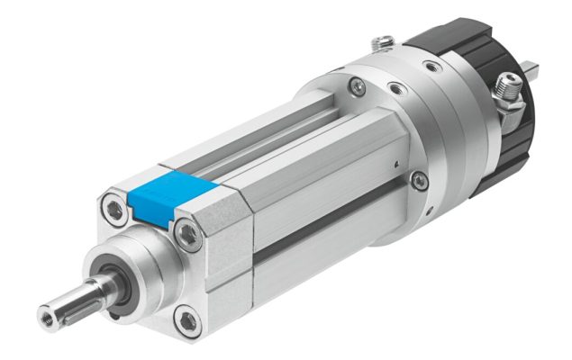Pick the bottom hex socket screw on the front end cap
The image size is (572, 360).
(x=185, y=316)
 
